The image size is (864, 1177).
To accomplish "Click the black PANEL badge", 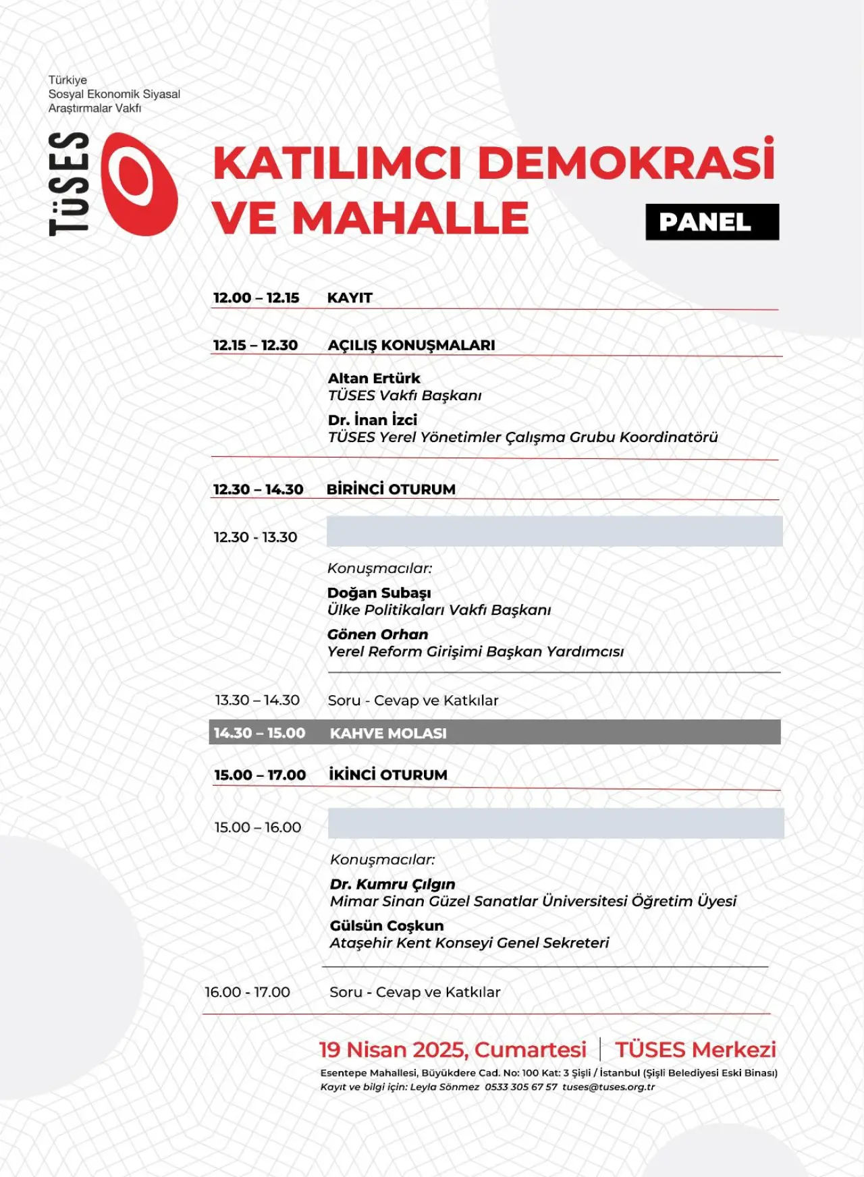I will coord(711,222).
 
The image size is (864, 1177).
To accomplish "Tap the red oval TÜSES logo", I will coord(140,184).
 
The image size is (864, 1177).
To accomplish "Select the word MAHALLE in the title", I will coord(410,218).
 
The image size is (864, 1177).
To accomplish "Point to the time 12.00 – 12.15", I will coord(256,298).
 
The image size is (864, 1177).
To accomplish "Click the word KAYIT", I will coord(350,298).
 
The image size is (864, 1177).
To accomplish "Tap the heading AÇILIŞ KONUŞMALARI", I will coord(411,345).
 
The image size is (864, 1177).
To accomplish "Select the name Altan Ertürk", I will coord(374,378).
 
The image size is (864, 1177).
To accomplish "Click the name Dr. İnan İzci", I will coord(373,420).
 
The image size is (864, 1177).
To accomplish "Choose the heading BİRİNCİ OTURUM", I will coord(391,489).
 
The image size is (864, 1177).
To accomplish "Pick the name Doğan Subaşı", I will coord(379,593).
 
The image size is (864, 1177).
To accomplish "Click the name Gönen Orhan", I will coord(377,634).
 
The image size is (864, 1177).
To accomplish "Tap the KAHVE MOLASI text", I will coord(388,733).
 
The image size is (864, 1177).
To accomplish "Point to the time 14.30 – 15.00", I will coord(259,733).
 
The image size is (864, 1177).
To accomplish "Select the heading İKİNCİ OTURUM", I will coord(388,775).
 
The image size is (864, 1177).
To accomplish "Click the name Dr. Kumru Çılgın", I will coord(392,884).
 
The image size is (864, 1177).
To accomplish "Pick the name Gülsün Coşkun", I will coord(387,926).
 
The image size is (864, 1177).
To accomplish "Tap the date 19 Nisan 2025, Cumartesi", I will coord(452,1049).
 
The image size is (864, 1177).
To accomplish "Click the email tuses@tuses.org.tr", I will coord(608,1087).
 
